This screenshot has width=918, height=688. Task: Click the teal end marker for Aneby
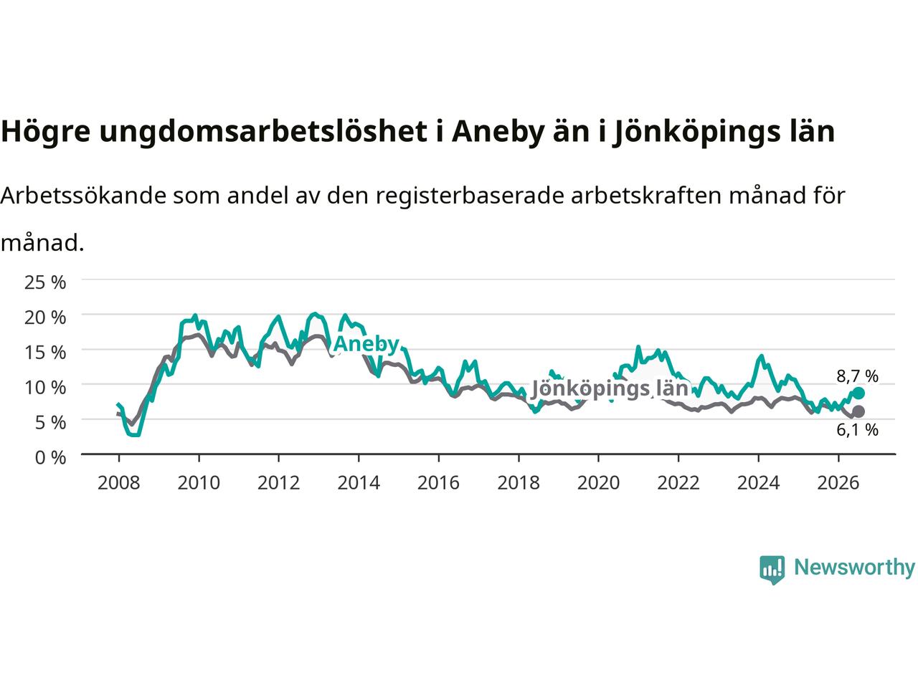(x=858, y=393)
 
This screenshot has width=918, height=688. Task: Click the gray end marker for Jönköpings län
(x=858, y=411)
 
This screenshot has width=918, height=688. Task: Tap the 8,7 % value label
(x=857, y=376)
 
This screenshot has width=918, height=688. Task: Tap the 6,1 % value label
(x=857, y=430)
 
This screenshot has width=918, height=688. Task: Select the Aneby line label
(x=366, y=344)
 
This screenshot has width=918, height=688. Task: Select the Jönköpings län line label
(x=610, y=389)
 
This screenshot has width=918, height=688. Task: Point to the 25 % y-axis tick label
(x=45, y=282)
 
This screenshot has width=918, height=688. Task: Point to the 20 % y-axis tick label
(x=45, y=317)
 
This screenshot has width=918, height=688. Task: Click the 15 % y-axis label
(x=45, y=353)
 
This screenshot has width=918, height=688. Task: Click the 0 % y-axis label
(x=50, y=458)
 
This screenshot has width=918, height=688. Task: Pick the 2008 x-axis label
(x=119, y=483)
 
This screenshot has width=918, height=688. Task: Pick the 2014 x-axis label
(x=359, y=483)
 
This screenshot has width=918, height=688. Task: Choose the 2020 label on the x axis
(x=598, y=483)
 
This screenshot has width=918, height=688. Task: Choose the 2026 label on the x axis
(x=838, y=483)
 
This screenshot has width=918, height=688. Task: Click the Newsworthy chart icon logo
(x=772, y=570)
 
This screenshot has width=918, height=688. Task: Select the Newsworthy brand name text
(x=854, y=568)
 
